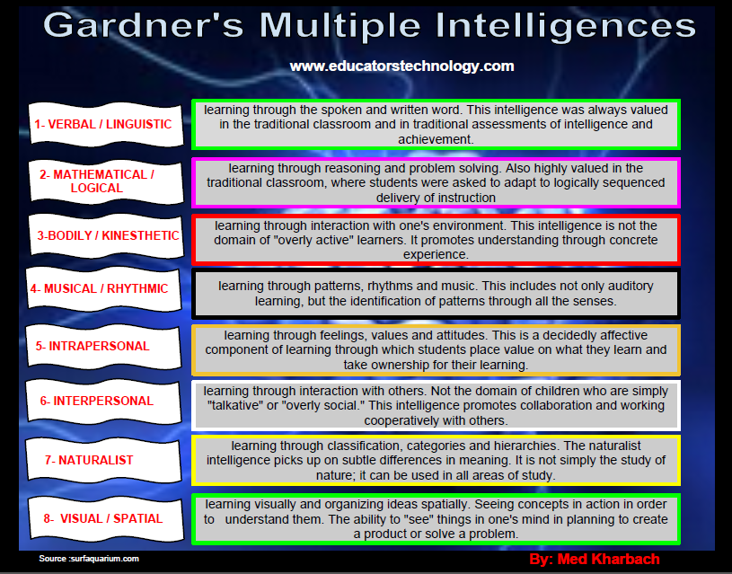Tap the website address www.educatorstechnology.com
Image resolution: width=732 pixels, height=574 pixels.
(x=401, y=66)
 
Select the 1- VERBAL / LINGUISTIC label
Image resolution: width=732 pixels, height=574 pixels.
(x=103, y=124)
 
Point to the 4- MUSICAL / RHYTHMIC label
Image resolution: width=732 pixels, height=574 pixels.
(x=99, y=288)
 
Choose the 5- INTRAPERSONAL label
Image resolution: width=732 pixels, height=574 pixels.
(x=93, y=346)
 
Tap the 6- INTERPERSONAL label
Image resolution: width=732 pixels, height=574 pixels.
(x=97, y=401)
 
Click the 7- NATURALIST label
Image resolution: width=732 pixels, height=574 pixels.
(x=89, y=460)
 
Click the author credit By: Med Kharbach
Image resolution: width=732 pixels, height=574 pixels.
(x=595, y=560)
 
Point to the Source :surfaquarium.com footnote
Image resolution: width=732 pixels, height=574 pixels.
(x=89, y=559)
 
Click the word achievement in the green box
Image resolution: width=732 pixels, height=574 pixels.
(x=436, y=139)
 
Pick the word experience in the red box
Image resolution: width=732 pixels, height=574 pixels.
(x=436, y=254)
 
